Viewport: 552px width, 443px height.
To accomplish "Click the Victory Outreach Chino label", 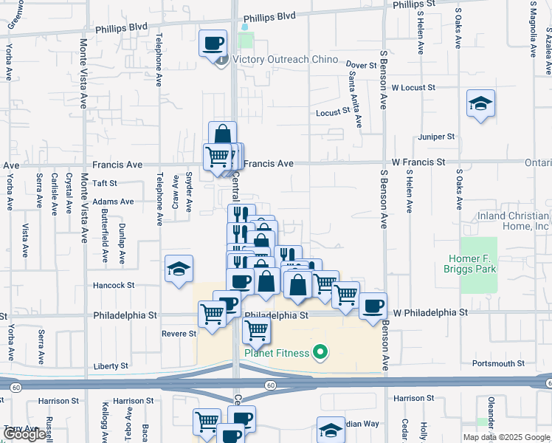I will coord(285,60).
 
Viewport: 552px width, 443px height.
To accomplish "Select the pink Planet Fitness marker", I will coord(320,353).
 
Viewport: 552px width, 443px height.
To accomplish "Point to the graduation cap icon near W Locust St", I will coord(480,104).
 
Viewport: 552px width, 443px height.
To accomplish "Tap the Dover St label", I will coord(362,66).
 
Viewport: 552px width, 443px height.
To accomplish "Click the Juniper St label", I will coord(436,137).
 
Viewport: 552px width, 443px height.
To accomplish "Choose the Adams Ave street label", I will coord(114,201).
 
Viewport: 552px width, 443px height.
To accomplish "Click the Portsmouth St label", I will coord(498,363).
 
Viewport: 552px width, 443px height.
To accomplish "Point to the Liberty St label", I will coord(111,366).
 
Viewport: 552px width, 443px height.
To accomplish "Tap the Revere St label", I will coord(178,334).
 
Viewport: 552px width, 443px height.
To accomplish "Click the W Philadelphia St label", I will coord(429,312).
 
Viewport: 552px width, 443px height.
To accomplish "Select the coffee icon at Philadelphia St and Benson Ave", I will coord(373,305).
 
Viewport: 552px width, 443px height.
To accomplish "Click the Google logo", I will coord(24,435).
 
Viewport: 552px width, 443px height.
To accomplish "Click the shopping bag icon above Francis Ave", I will coord(222,134).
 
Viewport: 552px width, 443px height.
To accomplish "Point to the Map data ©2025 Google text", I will coord(506,437).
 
